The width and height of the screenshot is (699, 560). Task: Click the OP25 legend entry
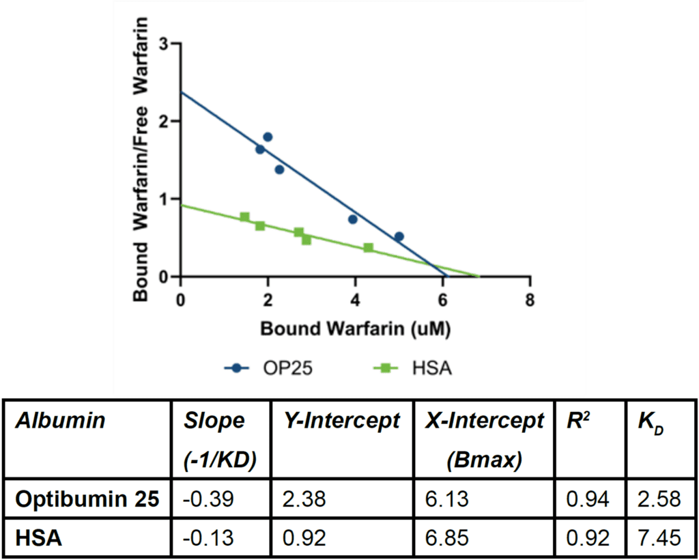272,369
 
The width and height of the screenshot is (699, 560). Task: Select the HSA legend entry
414,369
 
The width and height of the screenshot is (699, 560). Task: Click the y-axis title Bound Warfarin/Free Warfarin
141,161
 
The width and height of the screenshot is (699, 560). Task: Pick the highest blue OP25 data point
268,137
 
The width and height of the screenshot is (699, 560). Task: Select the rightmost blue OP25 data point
399,236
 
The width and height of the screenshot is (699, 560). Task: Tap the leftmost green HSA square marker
245,217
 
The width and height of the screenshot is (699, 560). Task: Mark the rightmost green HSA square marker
369,247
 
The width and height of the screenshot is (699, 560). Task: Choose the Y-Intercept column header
341,421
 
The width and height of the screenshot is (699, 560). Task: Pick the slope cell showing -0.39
209,499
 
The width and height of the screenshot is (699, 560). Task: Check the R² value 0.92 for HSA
588,538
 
